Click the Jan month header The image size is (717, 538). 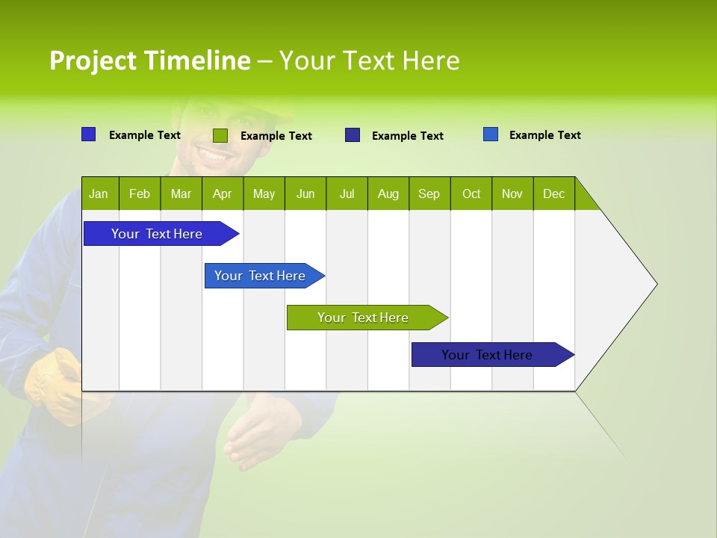click(99, 194)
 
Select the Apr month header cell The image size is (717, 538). click(223, 194)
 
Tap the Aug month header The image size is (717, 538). click(388, 194)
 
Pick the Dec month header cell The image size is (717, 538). click(553, 194)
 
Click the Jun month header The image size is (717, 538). click(305, 194)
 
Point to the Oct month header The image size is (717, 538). click(471, 194)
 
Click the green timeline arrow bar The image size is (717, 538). click(366, 318)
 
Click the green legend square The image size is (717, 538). click(220, 135)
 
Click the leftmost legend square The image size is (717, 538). click(88, 134)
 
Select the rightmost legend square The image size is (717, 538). click(490, 134)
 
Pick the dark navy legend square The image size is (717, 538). click(353, 135)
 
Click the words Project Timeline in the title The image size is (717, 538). click(149, 61)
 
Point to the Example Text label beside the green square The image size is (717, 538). click(276, 136)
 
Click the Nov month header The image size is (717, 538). click(512, 194)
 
